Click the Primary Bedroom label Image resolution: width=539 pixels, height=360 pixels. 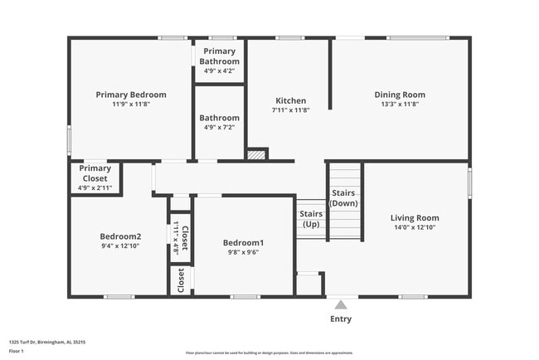click(131, 95)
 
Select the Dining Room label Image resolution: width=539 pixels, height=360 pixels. click(400, 95)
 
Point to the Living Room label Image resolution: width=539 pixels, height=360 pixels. click(415, 218)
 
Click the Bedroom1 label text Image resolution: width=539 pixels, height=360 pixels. click(243, 242)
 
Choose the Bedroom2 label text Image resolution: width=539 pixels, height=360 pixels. click(120, 236)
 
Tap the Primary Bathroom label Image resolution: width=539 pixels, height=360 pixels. click(219, 56)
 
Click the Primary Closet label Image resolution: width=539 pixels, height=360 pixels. click(95, 173)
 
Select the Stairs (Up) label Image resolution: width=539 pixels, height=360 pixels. click(311, 219)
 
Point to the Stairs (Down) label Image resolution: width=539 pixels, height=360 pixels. click(344, 198)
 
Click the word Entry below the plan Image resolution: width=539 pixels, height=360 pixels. click(341, 319)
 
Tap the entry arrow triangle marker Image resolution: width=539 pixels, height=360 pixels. click(341, 304)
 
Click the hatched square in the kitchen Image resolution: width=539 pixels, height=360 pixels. click(258, 154)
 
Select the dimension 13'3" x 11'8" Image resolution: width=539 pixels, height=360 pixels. click(400, 105)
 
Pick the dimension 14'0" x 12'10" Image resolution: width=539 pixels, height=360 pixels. click(415, 227)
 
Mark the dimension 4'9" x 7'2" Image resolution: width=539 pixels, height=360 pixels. click(219, 128)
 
